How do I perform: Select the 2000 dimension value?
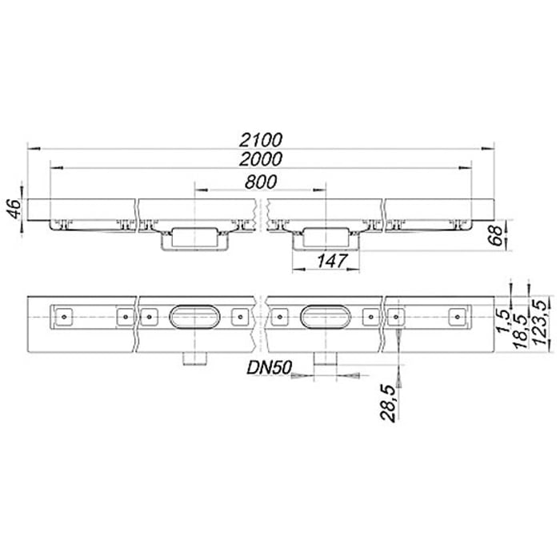pyautogui.click(x=265, y=159)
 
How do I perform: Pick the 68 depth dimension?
pyautogui.click(x=497, y=237)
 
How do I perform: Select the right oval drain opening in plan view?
pyautogui.click(x=325, y=317)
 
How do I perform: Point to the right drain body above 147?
pyautogui.click(x=325, y=236)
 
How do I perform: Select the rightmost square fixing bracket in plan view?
pyautogui.click(x=457, y=317)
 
